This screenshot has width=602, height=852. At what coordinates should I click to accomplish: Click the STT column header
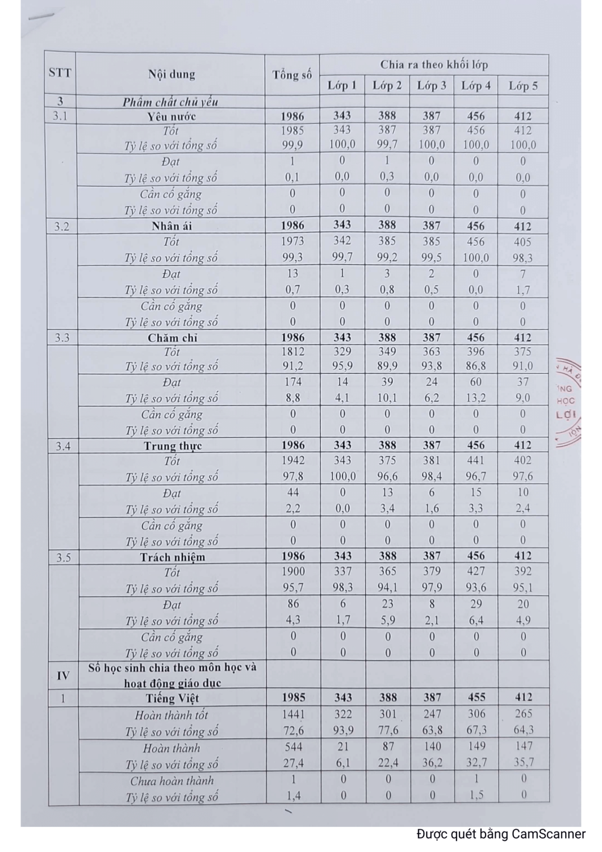click(x=60, y=73)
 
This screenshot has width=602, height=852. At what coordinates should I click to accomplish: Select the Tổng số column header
click(x=292, y=74)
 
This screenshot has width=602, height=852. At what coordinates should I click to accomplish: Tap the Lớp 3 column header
click(x=432, y=86)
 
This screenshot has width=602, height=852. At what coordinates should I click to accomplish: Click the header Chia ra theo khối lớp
click(x=434, y=65)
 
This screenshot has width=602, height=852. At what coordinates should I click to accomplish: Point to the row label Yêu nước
click(x=171, y=116)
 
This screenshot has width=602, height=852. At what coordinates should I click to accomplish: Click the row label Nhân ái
click(x=171, y=226)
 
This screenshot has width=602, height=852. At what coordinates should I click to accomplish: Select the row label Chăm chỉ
click(x=172, y=337)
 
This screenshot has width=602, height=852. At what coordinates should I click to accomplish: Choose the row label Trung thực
click(x=172, y=446)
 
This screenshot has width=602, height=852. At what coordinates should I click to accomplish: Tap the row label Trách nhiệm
click(x=172, y=557)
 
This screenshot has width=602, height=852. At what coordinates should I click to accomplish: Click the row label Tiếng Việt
click(x=172, y=698)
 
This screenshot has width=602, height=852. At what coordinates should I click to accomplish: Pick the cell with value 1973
click(x=292, y=241)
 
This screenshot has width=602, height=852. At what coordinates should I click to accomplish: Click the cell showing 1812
click(x=292, y=352)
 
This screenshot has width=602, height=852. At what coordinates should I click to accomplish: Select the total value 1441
click(x=293, y=715)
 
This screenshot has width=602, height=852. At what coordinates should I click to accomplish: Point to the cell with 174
click(x=292, y=382)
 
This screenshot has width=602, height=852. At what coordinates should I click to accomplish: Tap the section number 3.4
click(x=63, y=446)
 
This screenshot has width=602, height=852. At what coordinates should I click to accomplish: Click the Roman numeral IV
click(x=63, y=675)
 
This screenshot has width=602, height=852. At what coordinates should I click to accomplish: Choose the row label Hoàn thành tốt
click(x=172, y=715)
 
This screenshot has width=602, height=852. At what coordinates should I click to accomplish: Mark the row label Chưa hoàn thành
click(x=172, y=781)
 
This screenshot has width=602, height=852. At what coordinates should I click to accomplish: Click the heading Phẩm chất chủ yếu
click(x=170, y=102)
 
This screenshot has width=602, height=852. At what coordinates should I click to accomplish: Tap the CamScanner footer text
click(x=501, y=834)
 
